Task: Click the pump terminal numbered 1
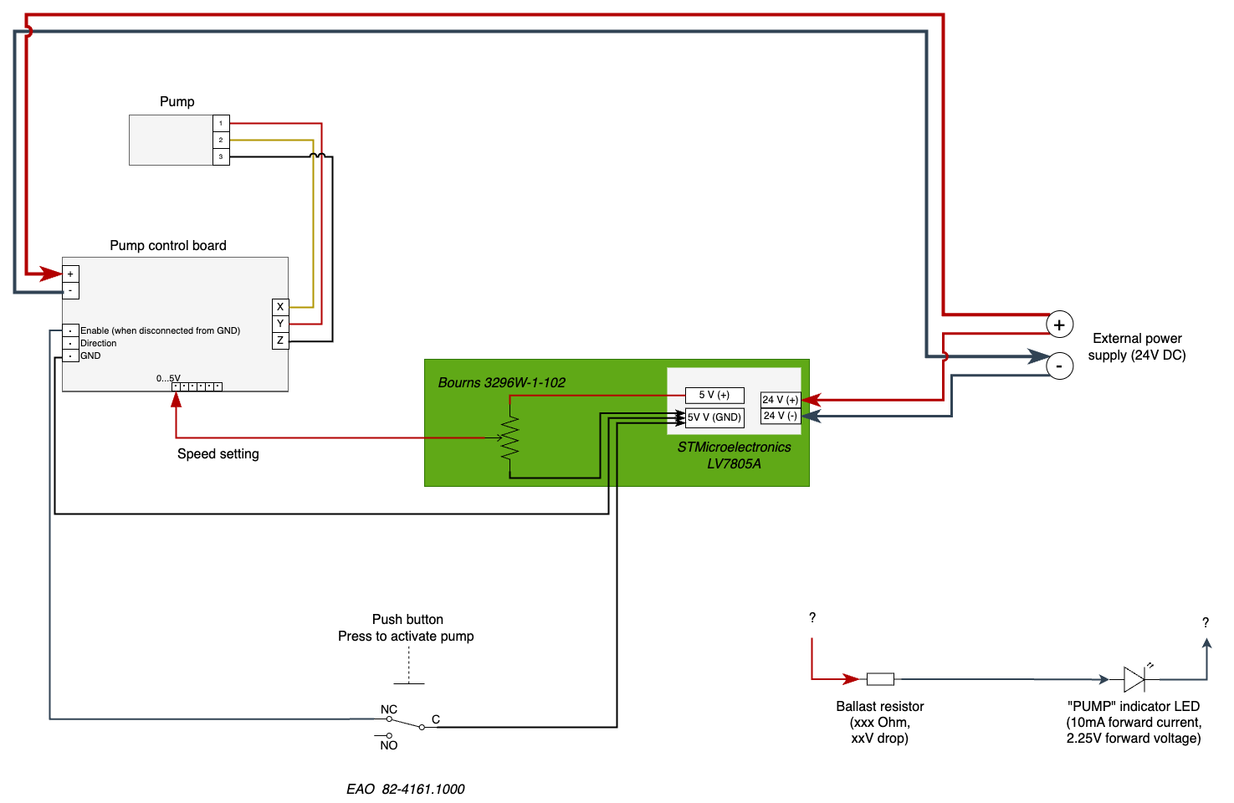click(221, 123)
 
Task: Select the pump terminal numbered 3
click(221, 156)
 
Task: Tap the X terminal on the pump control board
click(280, 307)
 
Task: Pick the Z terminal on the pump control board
click(280, 340)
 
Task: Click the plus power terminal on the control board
click(70, 274)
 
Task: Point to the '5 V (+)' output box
click(714, 395)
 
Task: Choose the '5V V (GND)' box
click(714, 417)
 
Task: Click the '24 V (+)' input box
click(780, 400)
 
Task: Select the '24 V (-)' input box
click(780, 416)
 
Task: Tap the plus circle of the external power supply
click(1060, 325)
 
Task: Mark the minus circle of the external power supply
click(1060, 366)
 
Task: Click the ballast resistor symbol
click(880, 679)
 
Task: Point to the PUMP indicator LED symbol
click(1134, 678)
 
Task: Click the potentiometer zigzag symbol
click(509, 437)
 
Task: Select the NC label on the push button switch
click(389, 709)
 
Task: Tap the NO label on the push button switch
click(389, 745)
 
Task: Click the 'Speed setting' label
click(218, 454)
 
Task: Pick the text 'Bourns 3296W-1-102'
click(502, 383)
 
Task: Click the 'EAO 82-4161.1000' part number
click(406, 789)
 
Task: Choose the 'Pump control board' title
click(168, 245)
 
